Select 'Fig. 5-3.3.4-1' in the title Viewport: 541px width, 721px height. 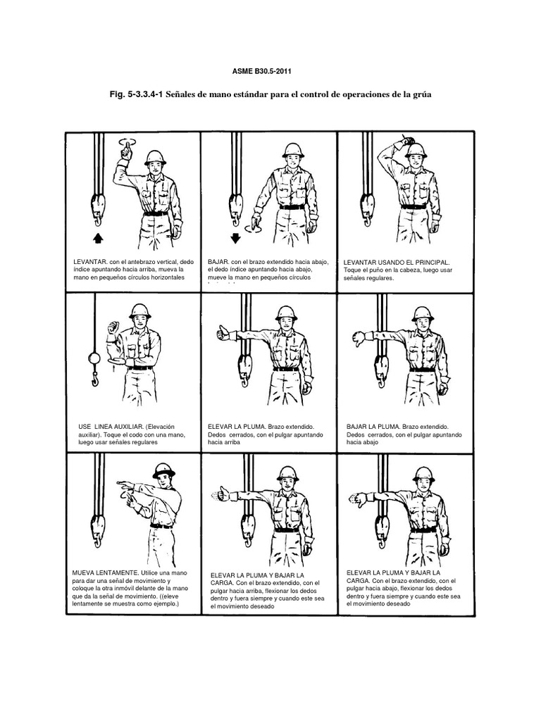135,95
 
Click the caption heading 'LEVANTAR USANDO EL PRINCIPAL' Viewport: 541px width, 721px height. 396,261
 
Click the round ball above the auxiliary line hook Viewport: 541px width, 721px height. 91,358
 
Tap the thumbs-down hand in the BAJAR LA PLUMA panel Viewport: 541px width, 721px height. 357,340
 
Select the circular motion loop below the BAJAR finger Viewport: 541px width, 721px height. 251,227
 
